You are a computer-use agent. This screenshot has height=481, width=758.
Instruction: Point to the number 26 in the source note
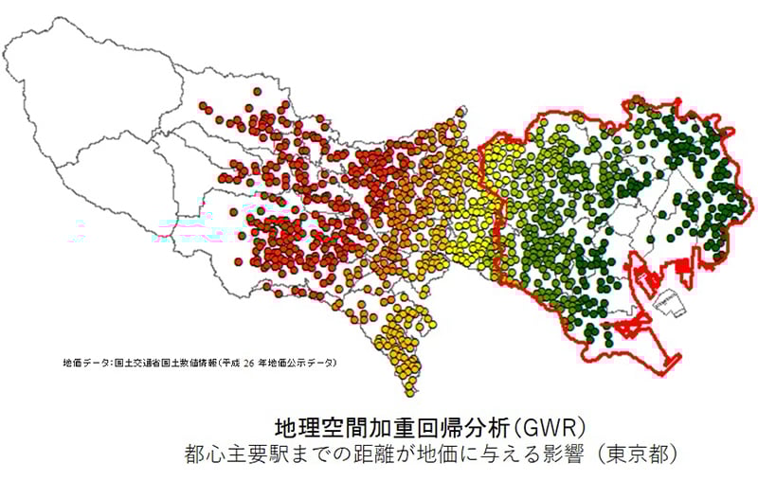point(251,362)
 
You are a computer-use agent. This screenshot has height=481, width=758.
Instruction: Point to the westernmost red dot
point(203,105)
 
